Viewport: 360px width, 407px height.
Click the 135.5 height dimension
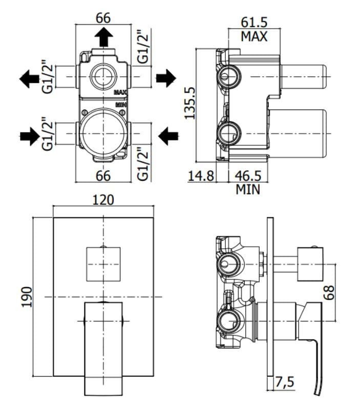pyautogui.click(x=190, y=103)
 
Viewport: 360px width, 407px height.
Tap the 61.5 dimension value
pyautogui.click(x=254, y=23)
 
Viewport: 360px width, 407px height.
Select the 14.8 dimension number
pyautogui.click(x=201, y=176)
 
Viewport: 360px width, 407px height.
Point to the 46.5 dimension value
pyautogui.click(x=248, y=176)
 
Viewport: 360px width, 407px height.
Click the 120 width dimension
pyautogui.click(x=103, y=200)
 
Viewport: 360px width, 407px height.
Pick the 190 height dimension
pyautogui.click(x=27, y=297)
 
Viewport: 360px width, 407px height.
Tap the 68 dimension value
pyautogui.click(x=329, y=292)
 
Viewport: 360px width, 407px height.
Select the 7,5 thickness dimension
pyautogui.click(x=285, y=382)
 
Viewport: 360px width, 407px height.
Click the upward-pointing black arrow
pyautogui.click(x=103, y=37)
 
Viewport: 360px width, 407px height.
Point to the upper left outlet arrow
pyautogui.click(x=29, y=78)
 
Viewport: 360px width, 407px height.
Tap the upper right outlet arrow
pyautogui.click(x=166, y=78)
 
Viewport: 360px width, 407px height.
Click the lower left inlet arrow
pyautogui.click(x=30, y=136)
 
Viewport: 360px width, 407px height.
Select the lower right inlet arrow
pyautogui.click(x=168, y=136)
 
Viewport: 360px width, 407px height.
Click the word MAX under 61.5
pyautogui.click(x=254, y=36)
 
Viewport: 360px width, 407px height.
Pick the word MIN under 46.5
pyautogui.click(x=248, y=189)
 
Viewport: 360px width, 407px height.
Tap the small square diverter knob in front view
pyautogui.click(x=103, y=264)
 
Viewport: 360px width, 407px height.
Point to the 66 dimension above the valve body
pyautogui.click(x=103, y=18)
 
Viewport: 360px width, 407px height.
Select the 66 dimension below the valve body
pyautogui.click(x=103, y=176)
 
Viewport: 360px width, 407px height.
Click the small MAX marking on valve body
pyautogui.click(x=120, y=92)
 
